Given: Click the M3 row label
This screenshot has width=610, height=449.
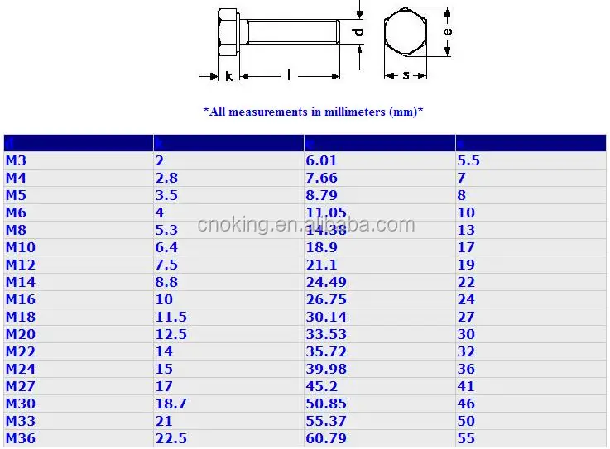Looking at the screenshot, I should click(x=17, y=161).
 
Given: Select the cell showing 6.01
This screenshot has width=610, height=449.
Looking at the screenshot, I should click(x=322, y=161).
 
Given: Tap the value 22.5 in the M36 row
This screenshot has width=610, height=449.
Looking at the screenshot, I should click(x=171, y=438).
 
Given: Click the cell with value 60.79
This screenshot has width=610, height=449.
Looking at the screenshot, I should click(x=326, y=438).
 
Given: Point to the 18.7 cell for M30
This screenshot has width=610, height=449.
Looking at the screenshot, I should click(x=171, y=404).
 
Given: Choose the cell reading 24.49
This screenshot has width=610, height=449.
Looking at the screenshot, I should click(x=326, y=282).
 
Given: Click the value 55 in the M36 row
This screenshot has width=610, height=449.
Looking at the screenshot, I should click(x=466, y=438).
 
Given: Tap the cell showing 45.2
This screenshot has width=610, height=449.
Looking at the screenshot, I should click(x=322, y=386).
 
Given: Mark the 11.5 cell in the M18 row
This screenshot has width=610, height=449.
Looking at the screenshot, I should click(x=171, y=317).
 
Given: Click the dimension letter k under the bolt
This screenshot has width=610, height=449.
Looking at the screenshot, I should click(x=228, y=76).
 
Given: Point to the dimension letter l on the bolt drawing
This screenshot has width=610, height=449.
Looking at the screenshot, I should click(x=289, y=76).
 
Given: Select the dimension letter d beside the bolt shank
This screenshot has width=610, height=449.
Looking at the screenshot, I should click(x=358, y=32).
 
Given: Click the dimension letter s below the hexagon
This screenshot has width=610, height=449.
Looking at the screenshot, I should click(x=406, y=76).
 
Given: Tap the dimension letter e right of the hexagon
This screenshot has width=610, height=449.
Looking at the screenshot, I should click(x=448, y=31).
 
